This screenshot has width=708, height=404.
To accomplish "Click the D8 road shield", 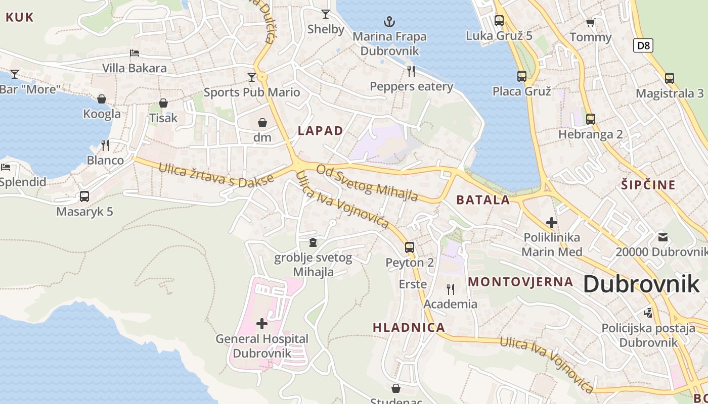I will [643, 45].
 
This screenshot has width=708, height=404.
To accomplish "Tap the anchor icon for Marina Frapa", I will [389, 22].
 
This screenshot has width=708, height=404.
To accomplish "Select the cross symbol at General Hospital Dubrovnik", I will [261, 323].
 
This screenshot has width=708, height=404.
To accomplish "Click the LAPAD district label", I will [320, 131].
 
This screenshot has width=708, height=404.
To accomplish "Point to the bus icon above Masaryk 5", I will [84, 196].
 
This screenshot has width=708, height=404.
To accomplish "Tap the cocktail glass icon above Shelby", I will [326, 14].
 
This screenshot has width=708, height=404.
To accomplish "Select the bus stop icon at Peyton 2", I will [410, 247].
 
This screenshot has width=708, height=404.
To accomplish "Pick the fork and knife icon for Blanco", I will [105, 145].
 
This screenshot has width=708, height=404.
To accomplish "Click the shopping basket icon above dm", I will [262, 123].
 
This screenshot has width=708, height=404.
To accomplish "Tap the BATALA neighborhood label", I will [483, 199].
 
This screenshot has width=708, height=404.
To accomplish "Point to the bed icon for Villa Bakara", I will [135, 53].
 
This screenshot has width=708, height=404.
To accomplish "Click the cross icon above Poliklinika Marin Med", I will [552, 222].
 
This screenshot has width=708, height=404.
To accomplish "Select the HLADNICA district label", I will [409, 327].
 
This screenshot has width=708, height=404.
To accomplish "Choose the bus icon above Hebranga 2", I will [590, 119].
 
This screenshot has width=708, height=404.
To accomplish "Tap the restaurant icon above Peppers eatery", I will [411, 71].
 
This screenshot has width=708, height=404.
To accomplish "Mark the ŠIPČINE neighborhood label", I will [648, 184].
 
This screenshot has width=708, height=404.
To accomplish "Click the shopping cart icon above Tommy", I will [590, 22].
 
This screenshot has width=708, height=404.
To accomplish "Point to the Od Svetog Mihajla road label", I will [367, 182].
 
